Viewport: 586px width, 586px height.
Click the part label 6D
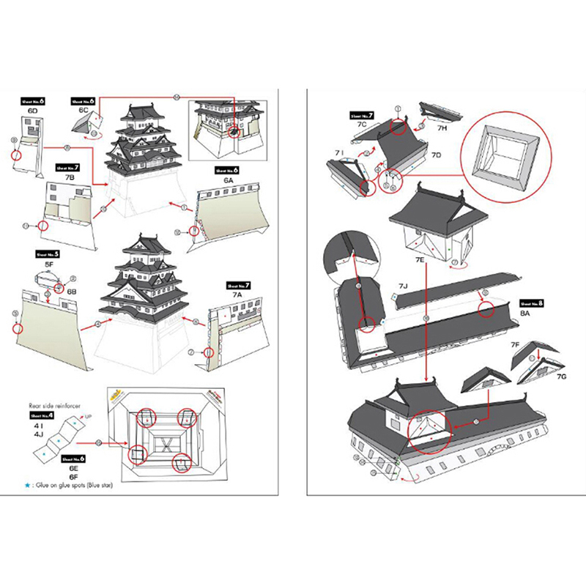coord(32,111)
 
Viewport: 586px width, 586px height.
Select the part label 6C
coord(84,110)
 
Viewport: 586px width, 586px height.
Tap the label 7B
coord(70,177)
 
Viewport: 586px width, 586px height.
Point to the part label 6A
coord(229,179)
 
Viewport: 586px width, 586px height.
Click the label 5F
coord(49,264)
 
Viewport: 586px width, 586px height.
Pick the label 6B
coord(72,292)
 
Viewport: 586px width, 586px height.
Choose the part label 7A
coord(237,294)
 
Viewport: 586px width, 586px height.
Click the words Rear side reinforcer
coord(53,404)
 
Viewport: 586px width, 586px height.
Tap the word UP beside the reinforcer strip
coord(89,416)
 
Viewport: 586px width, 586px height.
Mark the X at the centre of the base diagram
coord(168,443)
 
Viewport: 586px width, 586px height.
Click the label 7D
coord(436,155)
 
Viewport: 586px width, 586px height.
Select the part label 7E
coord(419,260)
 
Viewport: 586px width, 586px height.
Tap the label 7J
coord(403,286)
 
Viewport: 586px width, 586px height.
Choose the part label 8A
coord(526,312)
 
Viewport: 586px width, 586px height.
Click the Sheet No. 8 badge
coord(530,302)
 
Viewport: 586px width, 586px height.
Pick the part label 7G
coord(562,376)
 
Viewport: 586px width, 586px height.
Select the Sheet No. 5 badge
coord(47,254)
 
